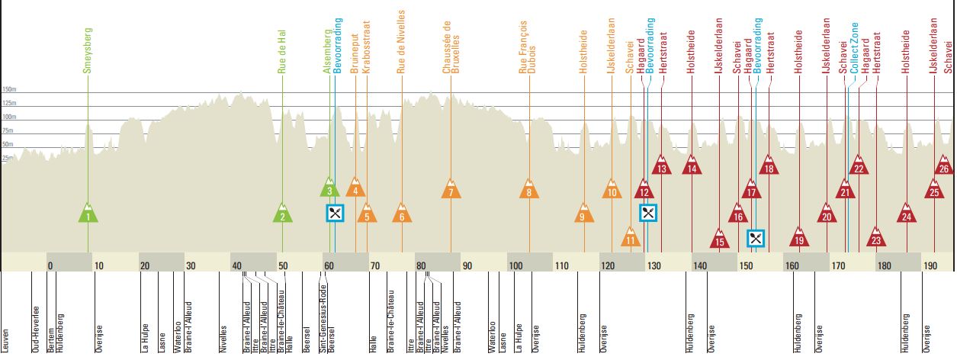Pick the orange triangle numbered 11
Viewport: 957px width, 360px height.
click(x=630, y=238)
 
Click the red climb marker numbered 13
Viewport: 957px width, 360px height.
click(x=662, y=166)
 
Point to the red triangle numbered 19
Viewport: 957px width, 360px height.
click(x=798, y=238)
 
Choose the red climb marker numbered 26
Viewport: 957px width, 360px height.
click(x=944, y=166)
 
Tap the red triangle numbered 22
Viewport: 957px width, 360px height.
click(x=859, y=166)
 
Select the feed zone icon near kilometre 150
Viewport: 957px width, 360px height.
click(x=756, y=238)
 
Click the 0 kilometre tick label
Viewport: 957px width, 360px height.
click(x=51, y=265)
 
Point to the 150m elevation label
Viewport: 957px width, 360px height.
click(x=9, y=89)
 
